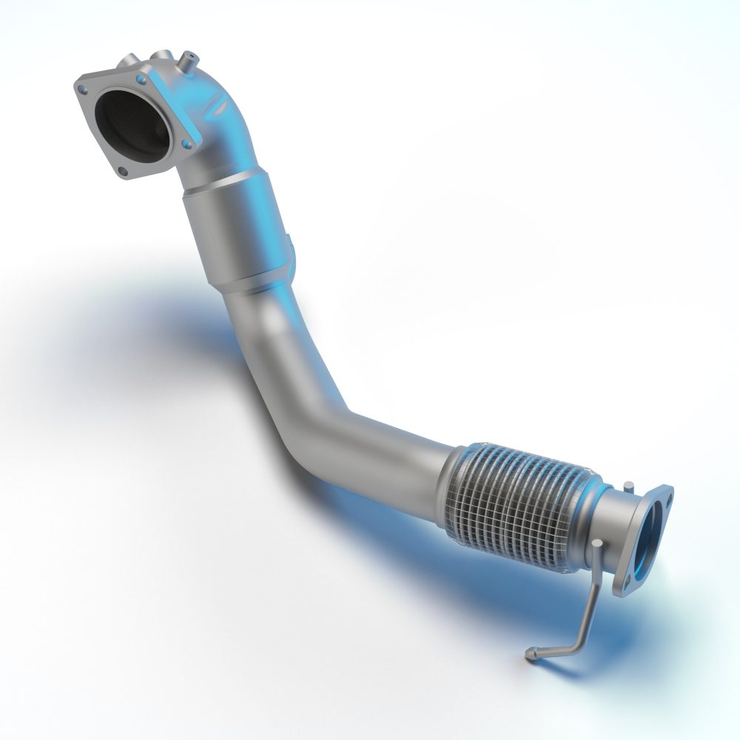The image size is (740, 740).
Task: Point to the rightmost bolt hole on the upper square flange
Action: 186,141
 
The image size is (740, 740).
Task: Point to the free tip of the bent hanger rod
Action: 530,654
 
